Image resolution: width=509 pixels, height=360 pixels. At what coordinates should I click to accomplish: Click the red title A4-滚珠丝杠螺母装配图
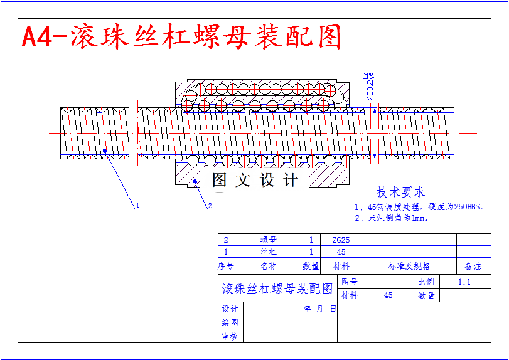point(181,38)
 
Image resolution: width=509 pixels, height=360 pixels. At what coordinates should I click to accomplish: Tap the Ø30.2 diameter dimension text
point(370,87)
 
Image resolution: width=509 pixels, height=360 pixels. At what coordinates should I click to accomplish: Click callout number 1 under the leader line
point(137,205)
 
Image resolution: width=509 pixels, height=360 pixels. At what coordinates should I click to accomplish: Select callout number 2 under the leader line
point(210,205)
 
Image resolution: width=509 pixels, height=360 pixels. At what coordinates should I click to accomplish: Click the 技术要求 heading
point(400,192)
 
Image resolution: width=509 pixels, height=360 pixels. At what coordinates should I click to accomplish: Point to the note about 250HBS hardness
point(420,206)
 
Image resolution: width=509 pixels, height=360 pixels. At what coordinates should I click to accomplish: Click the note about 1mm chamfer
point(392,218)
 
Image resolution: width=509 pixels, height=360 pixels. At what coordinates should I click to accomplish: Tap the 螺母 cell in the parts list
point(268,240)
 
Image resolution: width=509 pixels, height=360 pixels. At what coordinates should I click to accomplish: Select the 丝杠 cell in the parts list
point(268,252)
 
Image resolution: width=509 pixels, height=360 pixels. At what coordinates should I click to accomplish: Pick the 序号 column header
point(226,266)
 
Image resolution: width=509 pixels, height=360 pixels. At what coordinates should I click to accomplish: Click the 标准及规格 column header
point(409,266)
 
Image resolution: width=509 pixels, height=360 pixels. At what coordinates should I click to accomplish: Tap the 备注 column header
point(473,266)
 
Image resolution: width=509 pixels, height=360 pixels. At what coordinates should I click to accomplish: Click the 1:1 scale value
point(464,282)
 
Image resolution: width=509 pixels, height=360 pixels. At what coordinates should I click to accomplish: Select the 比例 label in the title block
point(426,282)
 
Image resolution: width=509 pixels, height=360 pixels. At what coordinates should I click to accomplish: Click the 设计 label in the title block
point(230,309)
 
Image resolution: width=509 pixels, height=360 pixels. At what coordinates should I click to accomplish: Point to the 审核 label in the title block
point(230,336)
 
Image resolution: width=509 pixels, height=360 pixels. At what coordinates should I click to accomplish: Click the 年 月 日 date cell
point(320,309)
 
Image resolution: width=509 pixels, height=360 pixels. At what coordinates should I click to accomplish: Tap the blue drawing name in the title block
point(277,289)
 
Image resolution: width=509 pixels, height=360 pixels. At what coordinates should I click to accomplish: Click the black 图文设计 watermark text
point(255,181)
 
